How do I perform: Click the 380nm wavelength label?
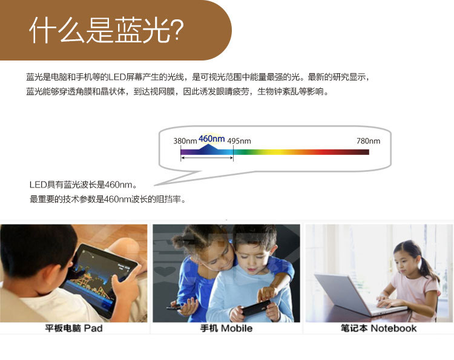[x=185, y=141]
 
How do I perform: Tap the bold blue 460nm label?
[x=212, y=139]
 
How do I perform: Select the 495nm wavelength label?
[x=239, y=141]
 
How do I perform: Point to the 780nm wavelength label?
[x=368, y=141]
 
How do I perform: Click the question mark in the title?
[x=176, y=29]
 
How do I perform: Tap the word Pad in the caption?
[x=93, y=328]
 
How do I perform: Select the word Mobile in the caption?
[x=237, y=328]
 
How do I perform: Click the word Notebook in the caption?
[x=393, y=328]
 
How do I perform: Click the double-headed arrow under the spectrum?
[x=207, y=158]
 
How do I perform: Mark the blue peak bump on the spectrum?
[x=208, y=146]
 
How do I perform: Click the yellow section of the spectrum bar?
[x=278, y=152]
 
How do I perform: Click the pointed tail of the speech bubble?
[x=154, y=185]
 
